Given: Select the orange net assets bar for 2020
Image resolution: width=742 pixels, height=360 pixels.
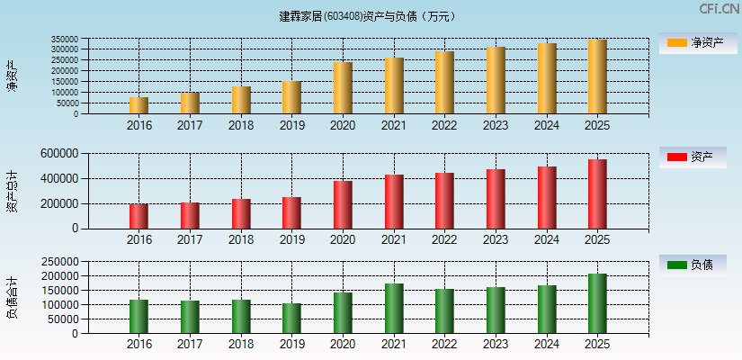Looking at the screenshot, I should tap(343, 88).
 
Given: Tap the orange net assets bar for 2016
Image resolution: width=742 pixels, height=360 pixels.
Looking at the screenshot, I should tap(139, 105).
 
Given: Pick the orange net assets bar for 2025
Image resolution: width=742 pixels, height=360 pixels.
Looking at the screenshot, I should tap(597, 76).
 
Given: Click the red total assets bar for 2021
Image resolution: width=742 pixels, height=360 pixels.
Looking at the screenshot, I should tap(393, 202).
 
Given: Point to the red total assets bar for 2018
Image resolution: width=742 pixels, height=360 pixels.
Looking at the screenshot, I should tap(241, 214).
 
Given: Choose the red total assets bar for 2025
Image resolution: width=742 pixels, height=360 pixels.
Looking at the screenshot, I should tap(597, 194).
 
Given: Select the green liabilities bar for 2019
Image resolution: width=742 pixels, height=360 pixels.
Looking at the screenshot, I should tap(291, 319).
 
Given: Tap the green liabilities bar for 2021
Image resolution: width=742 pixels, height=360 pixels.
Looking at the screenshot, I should tap(393, 309).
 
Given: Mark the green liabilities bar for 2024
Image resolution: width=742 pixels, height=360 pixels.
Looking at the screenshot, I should tap(547, 310).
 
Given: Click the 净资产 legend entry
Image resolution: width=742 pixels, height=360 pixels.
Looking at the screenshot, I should tap(693, 42).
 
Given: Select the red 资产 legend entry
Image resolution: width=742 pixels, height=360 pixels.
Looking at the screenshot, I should tap(693, 157).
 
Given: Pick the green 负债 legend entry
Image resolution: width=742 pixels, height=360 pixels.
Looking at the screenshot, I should tap(693, 265).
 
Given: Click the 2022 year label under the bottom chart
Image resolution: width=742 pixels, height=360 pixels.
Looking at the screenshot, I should tap(444, 345).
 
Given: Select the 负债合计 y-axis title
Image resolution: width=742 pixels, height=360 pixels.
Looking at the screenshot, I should tap(12, 298).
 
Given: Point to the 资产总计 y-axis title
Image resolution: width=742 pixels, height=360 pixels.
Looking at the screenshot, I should tap(12, 191).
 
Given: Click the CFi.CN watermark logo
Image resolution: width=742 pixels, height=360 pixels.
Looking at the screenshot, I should tap(718, 9).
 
